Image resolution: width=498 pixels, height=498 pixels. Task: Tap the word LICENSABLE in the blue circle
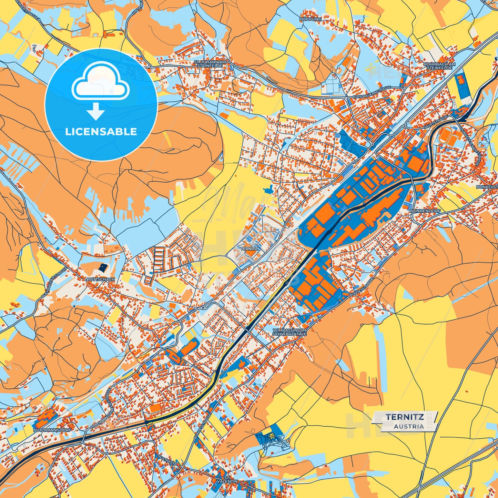coord(101,132)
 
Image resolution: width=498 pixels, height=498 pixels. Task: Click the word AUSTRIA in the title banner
coord(409,426)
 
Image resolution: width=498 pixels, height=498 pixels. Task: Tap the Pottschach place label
coord(101,279)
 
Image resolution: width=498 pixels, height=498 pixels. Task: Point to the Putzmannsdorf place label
coord(52,430)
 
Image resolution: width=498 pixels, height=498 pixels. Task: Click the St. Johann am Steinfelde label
coord(210,64)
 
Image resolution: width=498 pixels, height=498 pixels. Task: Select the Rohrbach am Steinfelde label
coord(439,66)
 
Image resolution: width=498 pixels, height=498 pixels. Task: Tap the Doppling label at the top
coord(310,20)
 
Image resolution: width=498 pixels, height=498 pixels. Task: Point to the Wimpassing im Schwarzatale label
coord(289,332)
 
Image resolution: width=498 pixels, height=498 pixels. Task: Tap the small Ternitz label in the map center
coord(249,248)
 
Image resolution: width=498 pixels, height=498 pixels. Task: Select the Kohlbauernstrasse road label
coord(372,93)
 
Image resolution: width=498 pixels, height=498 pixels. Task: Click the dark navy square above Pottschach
coord(103,267)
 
